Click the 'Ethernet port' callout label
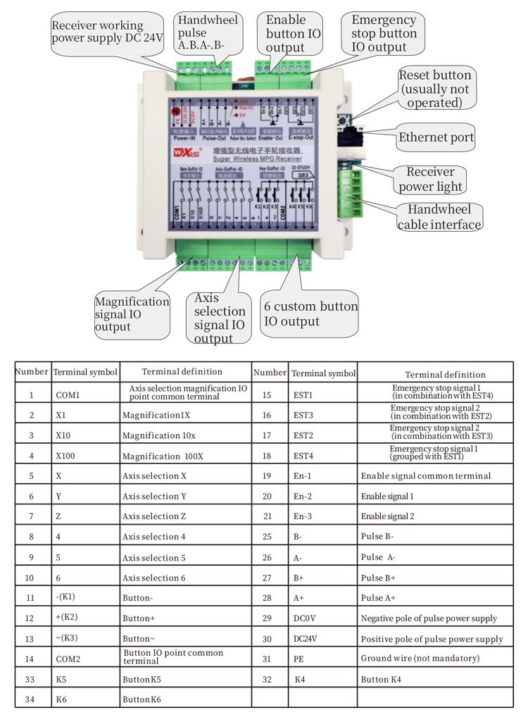(x=436, y=137)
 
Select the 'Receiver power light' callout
(x=431, y=180)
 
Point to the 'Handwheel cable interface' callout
(x=440, y=217)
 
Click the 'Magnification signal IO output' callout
(x=132, y=314)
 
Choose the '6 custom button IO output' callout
(x=310, y=314)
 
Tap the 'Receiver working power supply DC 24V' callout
(x=106, y=32)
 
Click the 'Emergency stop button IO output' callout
(x=384, y=33)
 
